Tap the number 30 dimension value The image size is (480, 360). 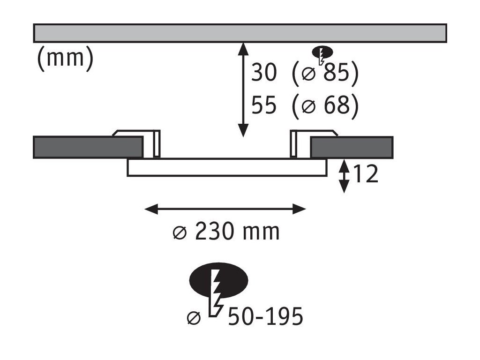coord(264,73)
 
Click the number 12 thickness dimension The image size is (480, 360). coord(365,175)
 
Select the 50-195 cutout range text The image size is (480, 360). coord(265,317)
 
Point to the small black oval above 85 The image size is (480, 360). coord(322,51)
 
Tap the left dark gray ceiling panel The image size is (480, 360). coord(88,147)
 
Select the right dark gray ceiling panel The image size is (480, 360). coord(352,147)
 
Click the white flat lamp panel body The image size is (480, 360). coord(227,167)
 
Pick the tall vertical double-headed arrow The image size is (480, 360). coord(243,89)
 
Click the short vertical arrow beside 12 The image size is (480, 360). coord(344,176)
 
